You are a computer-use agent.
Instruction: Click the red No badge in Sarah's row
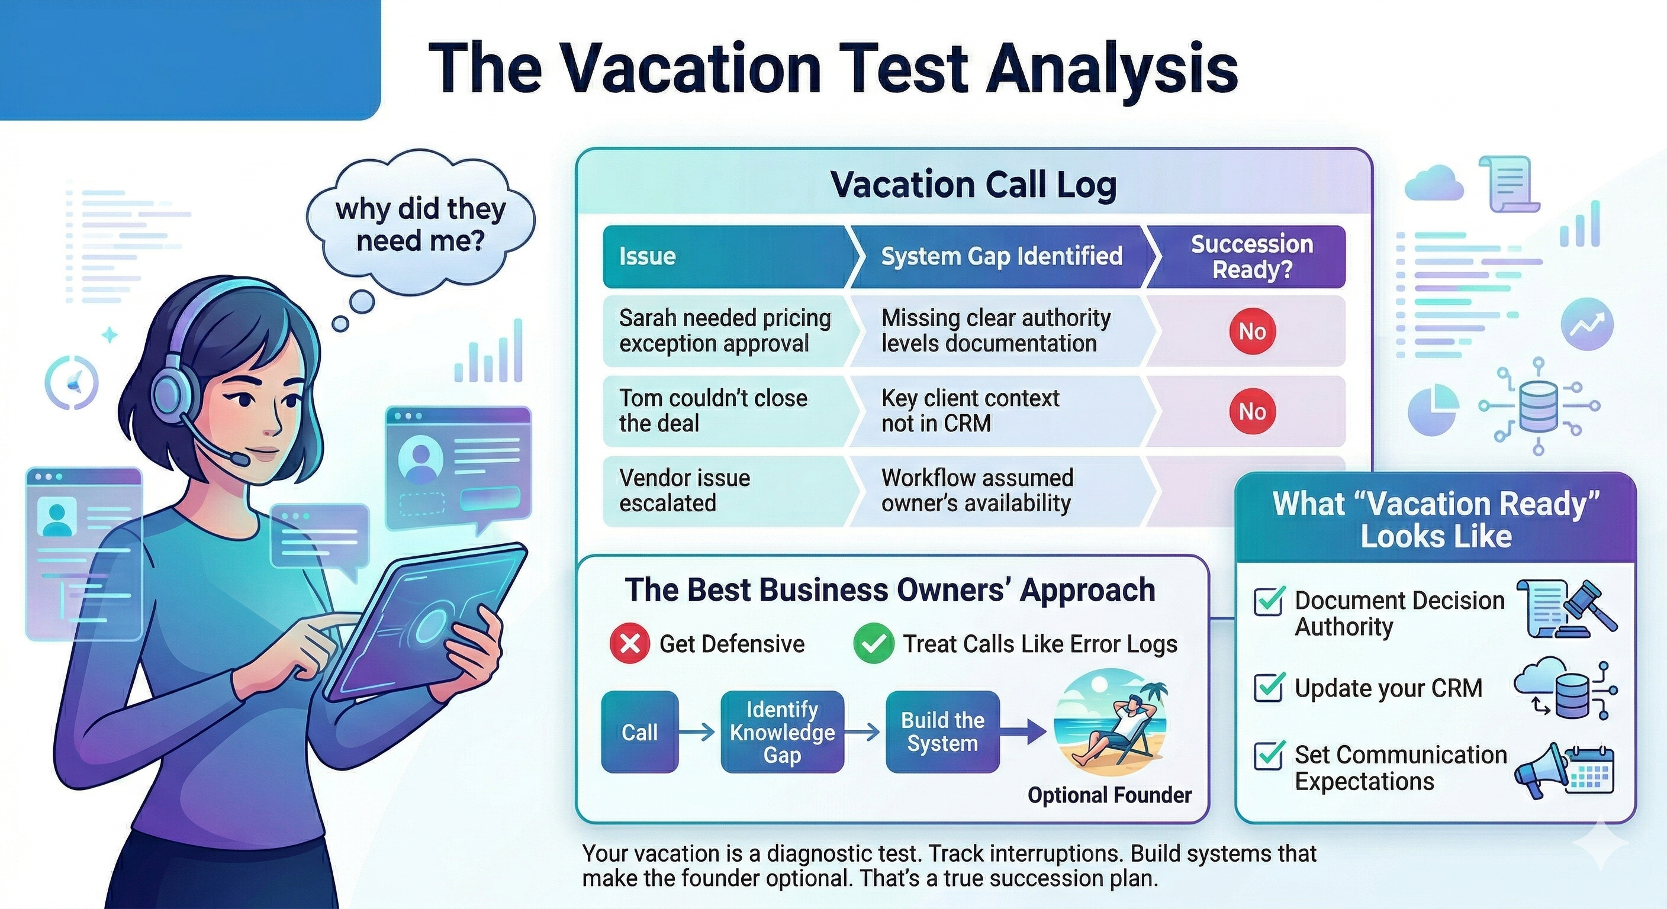(x=1252, y=331)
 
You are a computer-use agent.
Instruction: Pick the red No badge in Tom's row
(x=1252, y=411)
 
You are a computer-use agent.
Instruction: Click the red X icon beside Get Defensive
(x=630, y=644)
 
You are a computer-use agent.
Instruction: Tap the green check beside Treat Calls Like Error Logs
(x=874, y=644)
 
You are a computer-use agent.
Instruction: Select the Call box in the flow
(x=639, y=731)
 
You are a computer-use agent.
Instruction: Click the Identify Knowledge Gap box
(x=783, y=731)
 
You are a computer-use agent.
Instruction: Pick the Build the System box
(x=942, y=731)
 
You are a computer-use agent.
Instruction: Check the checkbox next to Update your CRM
(x=1269, y=688)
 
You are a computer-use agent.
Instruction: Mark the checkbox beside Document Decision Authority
(x=1269, y=602)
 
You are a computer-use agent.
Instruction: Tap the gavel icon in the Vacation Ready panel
(x=1589, y=605)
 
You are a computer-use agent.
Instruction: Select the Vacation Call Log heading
(x=973, y=185)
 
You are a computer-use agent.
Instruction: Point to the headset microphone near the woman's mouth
(x=239, y=459)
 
